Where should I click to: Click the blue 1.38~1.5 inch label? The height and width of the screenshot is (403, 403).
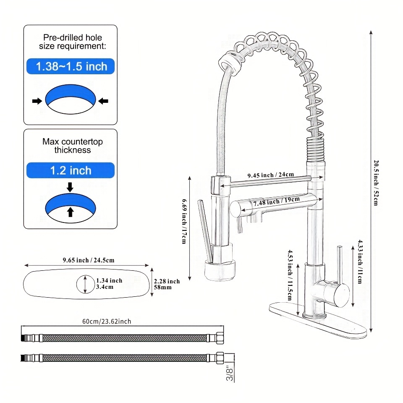tap(71, 66)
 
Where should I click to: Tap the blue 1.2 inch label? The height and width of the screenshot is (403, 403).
tap(71, 170)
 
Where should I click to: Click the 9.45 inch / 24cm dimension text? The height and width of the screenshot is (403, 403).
tap(270, 175)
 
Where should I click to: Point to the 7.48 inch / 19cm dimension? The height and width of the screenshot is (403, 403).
tap(273, 201)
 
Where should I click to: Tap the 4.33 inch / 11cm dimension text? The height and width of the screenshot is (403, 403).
tap(360, 262)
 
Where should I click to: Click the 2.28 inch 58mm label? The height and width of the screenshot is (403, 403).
tap(167, 284)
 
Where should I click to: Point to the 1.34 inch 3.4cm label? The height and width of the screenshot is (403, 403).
tap(109, 284)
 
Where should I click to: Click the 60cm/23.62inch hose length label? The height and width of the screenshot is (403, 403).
tap(106, 322)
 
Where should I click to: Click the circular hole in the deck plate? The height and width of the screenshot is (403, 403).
tap(85, 284)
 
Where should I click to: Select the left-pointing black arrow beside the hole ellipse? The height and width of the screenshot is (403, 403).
tap(103, 101)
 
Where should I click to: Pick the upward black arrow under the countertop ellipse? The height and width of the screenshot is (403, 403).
tap(70, 212)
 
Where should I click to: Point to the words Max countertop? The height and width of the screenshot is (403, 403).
tap(72, 141)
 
